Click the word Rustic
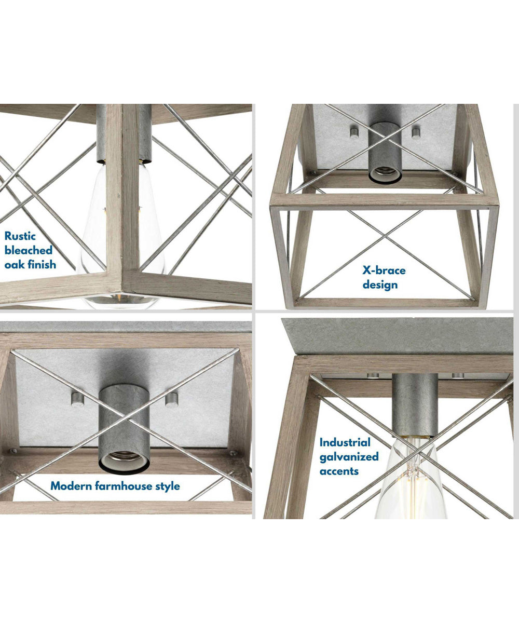[20, 236]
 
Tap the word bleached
[29, 250]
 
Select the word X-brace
[384, 270]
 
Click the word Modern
[71, 486]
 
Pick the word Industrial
[345, 442]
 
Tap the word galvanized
[349, 457]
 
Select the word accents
[339, 471]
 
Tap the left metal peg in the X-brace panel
[354, 133]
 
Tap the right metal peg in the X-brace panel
[416, 133]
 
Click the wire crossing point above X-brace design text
[385, 236]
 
